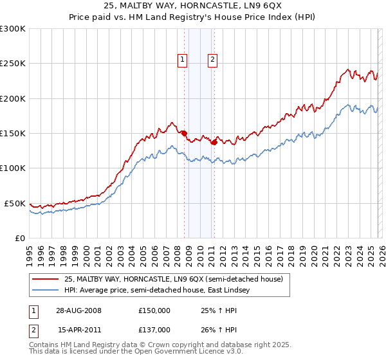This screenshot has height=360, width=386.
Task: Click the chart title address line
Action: tap(192, 6)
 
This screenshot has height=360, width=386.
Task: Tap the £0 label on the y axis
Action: tap(20, 238)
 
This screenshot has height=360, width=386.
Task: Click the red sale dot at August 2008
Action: tap(185, 134)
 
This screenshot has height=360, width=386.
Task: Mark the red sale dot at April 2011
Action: tap(214, 143)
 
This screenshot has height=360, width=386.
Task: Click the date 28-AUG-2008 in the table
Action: tap(79, 310)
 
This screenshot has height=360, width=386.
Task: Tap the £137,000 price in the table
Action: tap(154, 329)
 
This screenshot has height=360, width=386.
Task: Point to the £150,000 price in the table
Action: tap(154, 310)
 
